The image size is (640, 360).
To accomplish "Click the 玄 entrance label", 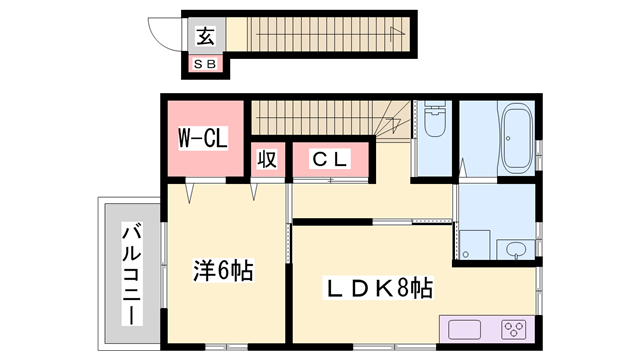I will tap(205, 38).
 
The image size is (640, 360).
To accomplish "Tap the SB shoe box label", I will tap(205, 65).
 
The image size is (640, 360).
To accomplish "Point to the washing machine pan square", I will tap(474, 244).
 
